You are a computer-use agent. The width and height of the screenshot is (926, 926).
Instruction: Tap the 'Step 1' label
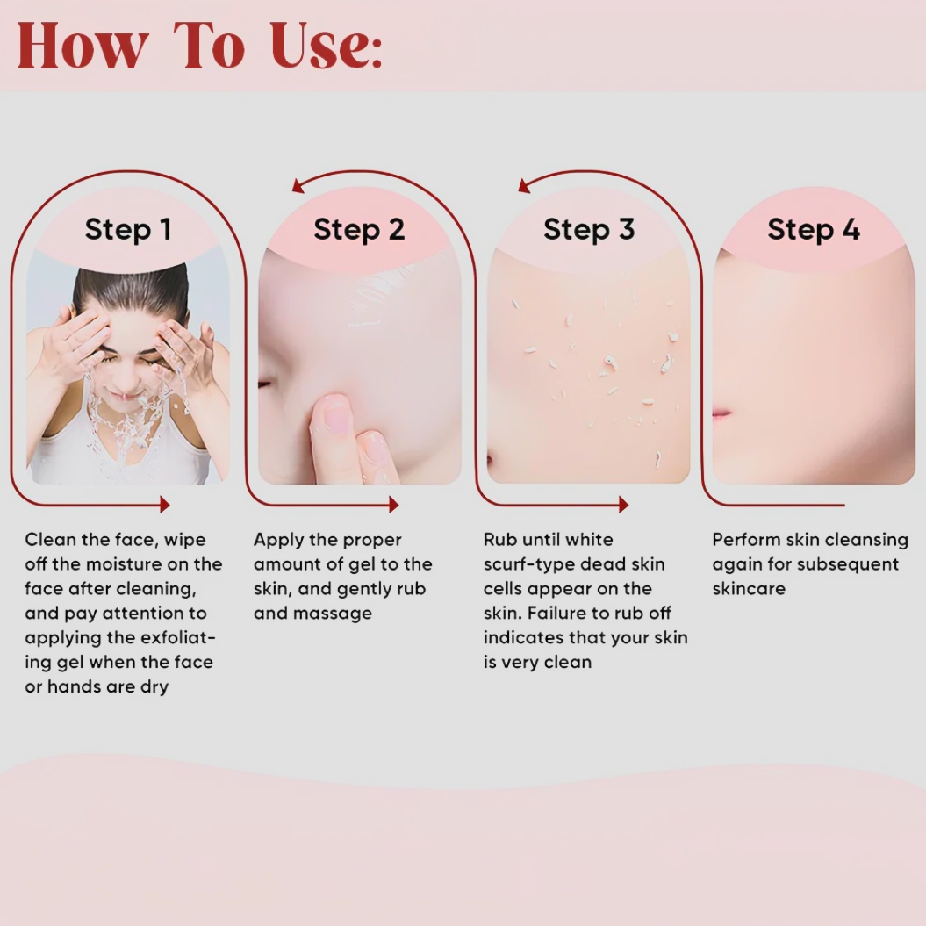[x=127, y=230]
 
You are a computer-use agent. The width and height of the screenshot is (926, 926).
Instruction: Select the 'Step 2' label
[x=359, y=230]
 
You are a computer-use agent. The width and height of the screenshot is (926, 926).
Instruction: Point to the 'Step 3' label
[x=588, y=230]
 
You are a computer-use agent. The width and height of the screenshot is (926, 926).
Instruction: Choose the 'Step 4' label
[x=813, y=230]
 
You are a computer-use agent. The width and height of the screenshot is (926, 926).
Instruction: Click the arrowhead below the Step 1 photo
[x=163, y=505]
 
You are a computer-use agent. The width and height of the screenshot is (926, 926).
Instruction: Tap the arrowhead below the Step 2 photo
[x=393, y=505]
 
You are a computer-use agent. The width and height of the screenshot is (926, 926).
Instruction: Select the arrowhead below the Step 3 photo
[x=623, y=505]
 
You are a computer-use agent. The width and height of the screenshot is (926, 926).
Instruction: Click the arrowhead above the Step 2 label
[x=298, y=185]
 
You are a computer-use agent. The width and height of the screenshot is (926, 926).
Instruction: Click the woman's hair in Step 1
[x=132, y=285]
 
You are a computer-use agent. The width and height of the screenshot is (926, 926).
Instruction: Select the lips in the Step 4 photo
[x=721, y=413]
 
